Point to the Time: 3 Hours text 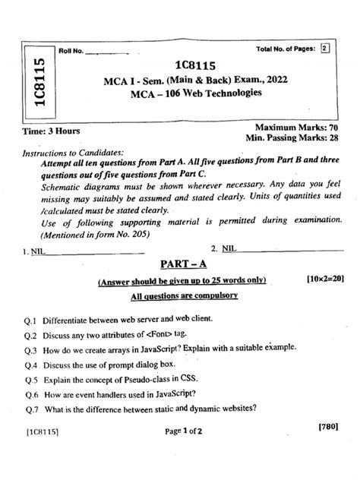(x=47, y=131)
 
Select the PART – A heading (x=178, y=264)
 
